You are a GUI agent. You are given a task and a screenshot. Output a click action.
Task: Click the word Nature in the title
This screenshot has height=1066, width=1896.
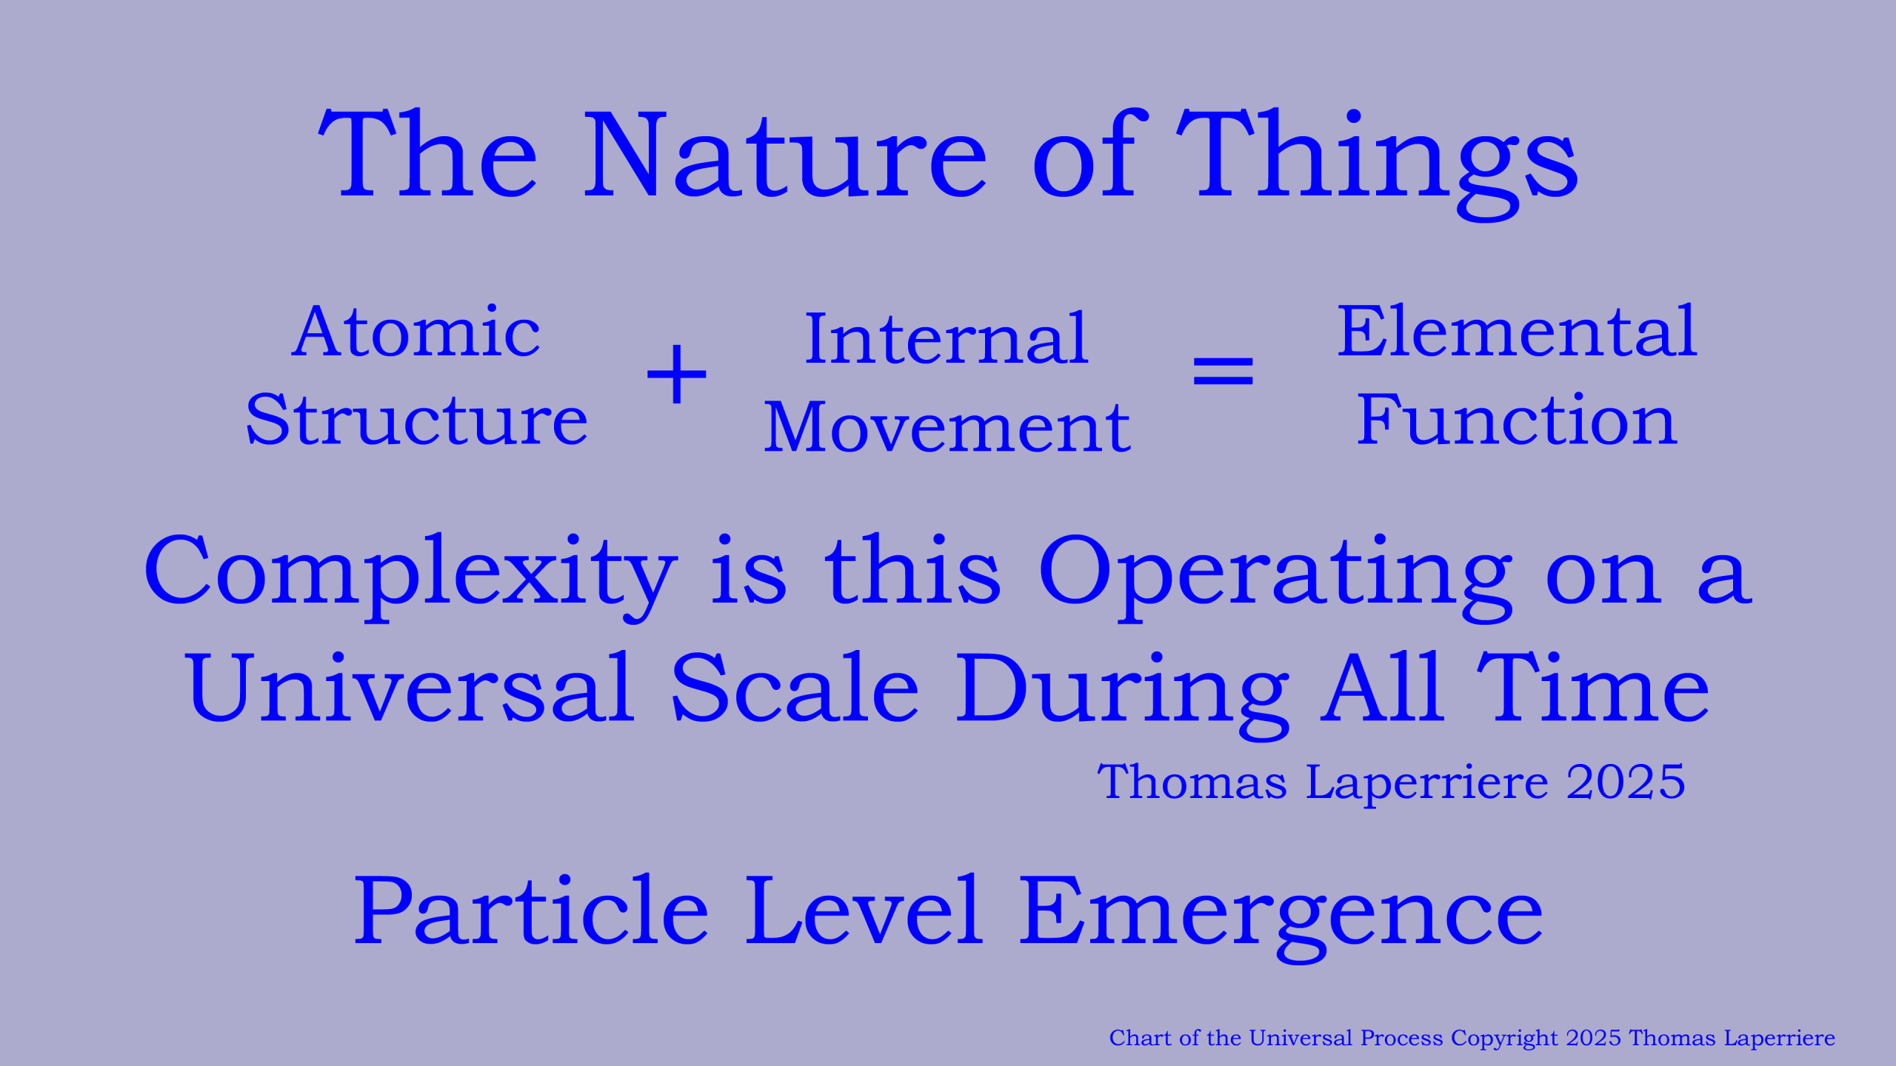(x=785, y=155)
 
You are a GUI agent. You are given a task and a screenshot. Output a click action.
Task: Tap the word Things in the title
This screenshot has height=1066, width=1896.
(x=1377, y=164)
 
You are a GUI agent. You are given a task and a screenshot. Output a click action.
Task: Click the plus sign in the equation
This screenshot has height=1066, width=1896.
(x=677, y=374)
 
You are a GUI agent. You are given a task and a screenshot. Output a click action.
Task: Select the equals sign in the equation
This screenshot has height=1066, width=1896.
(x=1223, y=371)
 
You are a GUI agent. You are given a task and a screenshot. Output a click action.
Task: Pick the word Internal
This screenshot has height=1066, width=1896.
(x=947, y=339)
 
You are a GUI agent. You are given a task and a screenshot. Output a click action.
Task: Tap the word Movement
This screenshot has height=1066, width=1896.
(x=947, y=427)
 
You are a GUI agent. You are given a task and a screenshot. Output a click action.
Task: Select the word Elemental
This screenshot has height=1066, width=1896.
(x=1517, y=331)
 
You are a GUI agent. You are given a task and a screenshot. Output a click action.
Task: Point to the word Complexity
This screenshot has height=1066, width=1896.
(x=410, y=578)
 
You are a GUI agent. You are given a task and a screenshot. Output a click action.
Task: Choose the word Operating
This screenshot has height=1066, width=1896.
(x=1275, y=578)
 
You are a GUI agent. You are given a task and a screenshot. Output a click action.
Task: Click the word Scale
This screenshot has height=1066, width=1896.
(x=795, y=688)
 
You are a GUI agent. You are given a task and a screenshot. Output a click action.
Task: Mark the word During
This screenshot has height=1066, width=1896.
(x=1122, y=696)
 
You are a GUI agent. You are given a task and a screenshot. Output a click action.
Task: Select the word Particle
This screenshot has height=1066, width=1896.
(x=531, y=911)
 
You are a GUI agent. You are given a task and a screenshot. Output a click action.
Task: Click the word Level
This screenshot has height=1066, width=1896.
(x=864, y=910)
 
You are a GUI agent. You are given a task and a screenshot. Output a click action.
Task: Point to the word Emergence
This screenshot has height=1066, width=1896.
(x=1281, y=919)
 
